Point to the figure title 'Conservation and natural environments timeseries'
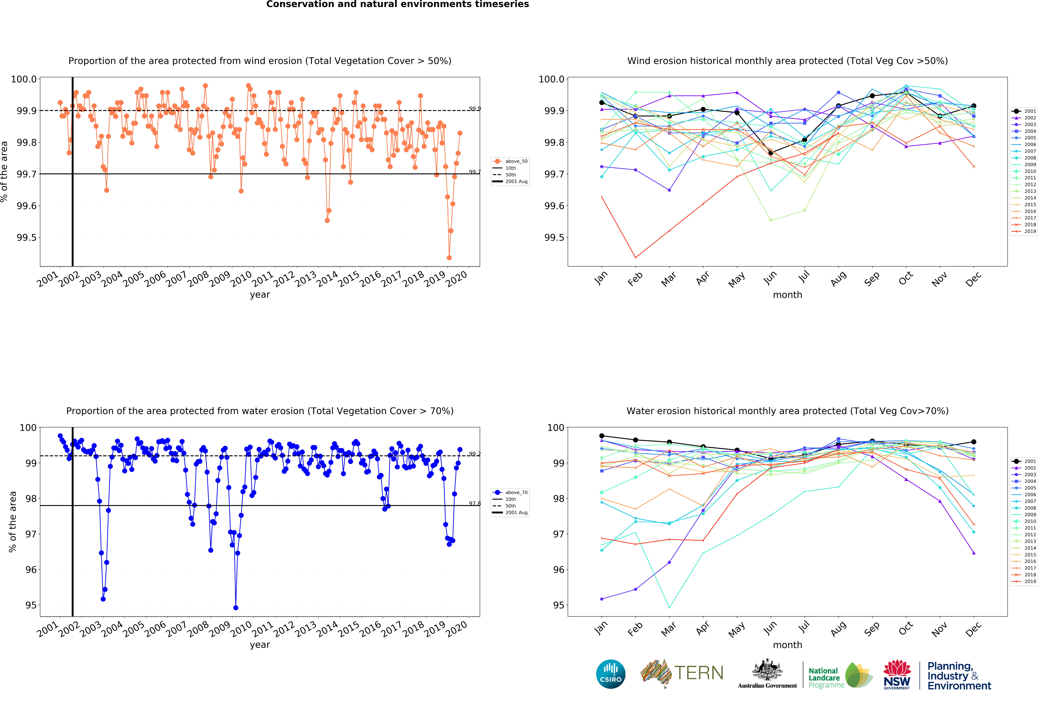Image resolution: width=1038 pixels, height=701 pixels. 397,4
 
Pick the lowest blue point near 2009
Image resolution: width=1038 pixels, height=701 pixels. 236,608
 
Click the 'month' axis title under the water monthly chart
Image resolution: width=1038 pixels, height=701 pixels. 787,645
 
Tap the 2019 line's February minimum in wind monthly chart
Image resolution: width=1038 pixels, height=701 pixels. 636,258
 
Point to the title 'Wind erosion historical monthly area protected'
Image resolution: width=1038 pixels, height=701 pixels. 787,61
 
